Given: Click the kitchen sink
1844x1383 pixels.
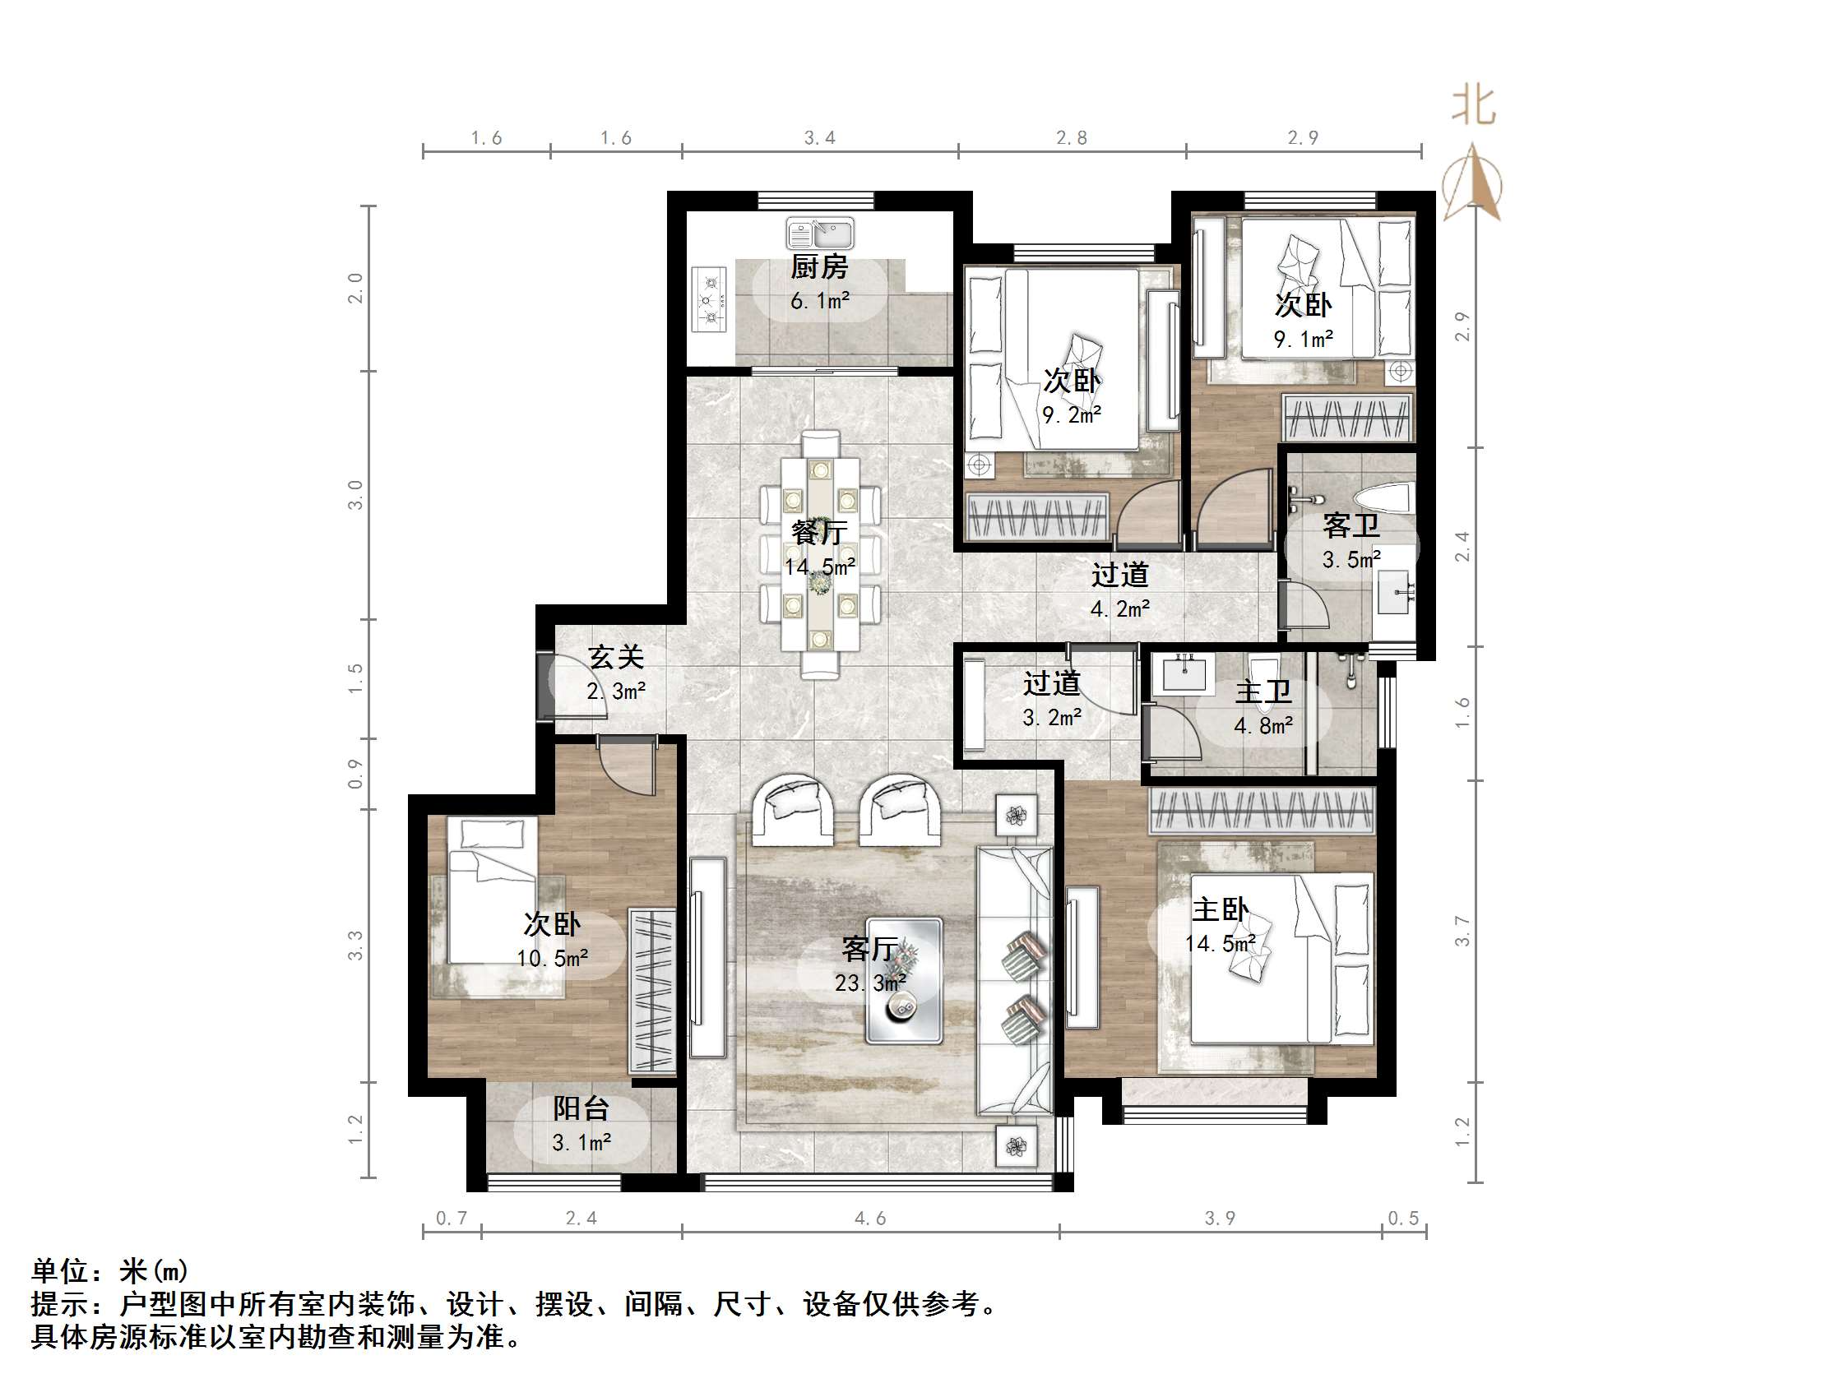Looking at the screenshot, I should (819, 234).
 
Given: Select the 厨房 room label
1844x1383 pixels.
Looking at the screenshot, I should (818, 267).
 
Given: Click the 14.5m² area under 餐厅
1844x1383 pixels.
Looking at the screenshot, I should (819, 567).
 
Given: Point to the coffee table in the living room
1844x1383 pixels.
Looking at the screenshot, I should (904, 981).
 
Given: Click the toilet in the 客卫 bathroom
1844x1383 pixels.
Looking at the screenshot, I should (1385, 499).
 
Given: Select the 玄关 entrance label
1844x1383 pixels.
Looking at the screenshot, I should (616, 657).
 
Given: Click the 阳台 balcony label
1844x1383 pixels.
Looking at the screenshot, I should (581, 1108).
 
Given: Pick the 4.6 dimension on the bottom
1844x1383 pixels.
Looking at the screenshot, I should (869, 1219).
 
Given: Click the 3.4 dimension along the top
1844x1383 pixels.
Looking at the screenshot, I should (818, 138).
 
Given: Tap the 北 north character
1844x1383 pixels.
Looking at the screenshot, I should (1473, 106).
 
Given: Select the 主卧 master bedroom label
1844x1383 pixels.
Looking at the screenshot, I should (1220, 909).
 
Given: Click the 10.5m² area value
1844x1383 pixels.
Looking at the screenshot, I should (552, 959).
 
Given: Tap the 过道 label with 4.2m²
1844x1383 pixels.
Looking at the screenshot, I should (1119, 575).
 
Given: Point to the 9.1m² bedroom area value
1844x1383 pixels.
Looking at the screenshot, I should (1303, 340).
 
